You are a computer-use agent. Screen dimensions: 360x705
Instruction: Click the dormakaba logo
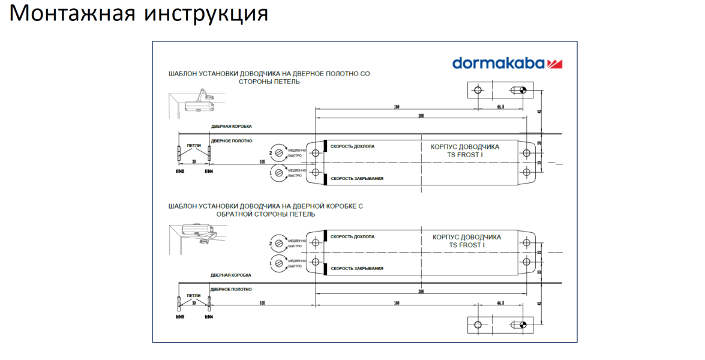click(506, 63)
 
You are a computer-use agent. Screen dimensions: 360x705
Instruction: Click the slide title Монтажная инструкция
click(139, 13)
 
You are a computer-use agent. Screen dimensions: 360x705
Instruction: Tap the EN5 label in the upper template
click(179, 172)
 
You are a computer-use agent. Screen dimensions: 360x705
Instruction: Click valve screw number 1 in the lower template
click(278, 263)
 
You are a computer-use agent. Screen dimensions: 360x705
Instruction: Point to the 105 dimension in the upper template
click(262, 161)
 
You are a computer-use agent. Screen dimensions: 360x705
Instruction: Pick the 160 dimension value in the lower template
click(397, 303)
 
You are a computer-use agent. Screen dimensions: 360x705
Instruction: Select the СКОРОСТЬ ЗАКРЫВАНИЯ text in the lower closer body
click(356, 268)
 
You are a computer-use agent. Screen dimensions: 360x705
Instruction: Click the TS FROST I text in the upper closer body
click(465, 155)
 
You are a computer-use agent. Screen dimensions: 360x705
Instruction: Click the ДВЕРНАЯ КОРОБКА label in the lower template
click(230, 275)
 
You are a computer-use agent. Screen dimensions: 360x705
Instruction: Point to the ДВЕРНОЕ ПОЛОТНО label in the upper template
click(231, 141)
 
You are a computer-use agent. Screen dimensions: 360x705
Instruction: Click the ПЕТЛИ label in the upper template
click(193, 146)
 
